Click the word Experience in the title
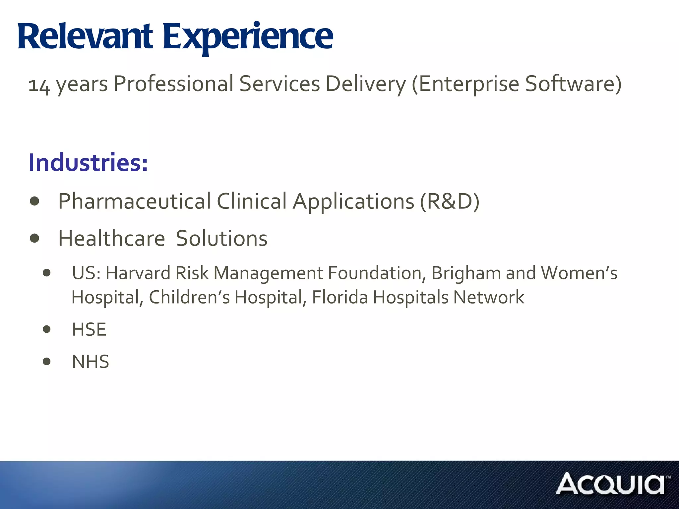coord(248,37)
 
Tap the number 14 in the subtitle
coord(39,85)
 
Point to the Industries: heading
coord(88,163)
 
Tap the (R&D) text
coord(449,201)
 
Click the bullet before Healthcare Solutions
coord(34,238)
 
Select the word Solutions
coord(221,239)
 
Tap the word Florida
coord(340,297)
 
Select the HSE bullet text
coord(89,330)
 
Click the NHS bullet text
coord(90,362)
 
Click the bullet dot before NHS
coord(47,361)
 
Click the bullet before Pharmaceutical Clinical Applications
coord(34,201)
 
